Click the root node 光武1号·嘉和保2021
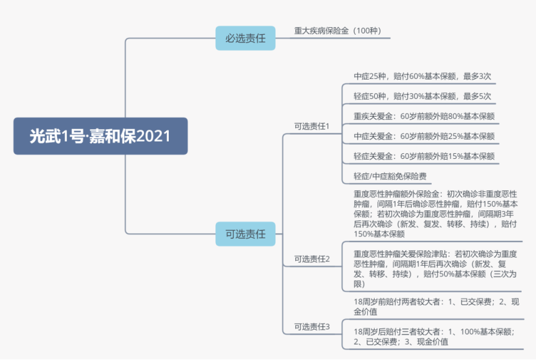click(100, 136)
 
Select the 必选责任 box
click(245, 38)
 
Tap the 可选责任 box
click(245, 234)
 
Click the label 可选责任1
click(312, 126)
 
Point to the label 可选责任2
click(312, 259)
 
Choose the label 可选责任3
click(312, 326)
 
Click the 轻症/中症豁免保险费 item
click(390, 176)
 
